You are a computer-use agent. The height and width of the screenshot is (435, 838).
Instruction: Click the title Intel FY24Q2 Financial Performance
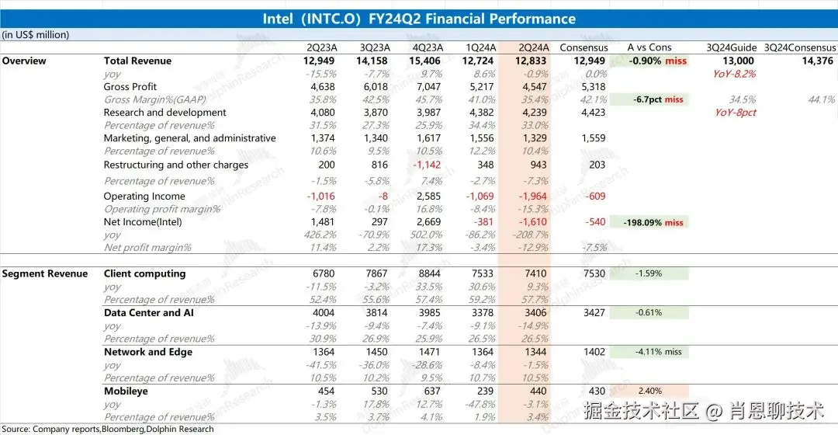coord(419,19)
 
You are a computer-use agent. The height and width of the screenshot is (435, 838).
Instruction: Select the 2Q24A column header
coord(533,47)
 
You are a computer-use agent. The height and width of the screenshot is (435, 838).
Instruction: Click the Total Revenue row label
coord(137,61)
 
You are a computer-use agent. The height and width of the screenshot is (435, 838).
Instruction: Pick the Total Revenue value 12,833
coord(532,61)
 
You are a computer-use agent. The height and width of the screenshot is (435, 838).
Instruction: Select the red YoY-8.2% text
coord(734,74)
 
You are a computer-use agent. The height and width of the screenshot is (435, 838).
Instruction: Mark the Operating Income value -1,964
coord(532,197)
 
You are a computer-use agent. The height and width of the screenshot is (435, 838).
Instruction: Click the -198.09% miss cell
coord(653,222)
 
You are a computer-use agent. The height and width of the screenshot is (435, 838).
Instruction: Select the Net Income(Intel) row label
coord(143,222)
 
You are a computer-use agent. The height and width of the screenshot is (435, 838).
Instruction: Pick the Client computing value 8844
coord(429,273)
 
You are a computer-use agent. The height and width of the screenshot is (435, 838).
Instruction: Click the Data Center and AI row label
coord(148,313)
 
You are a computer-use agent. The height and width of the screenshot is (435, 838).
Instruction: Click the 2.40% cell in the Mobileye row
coord(648,391)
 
